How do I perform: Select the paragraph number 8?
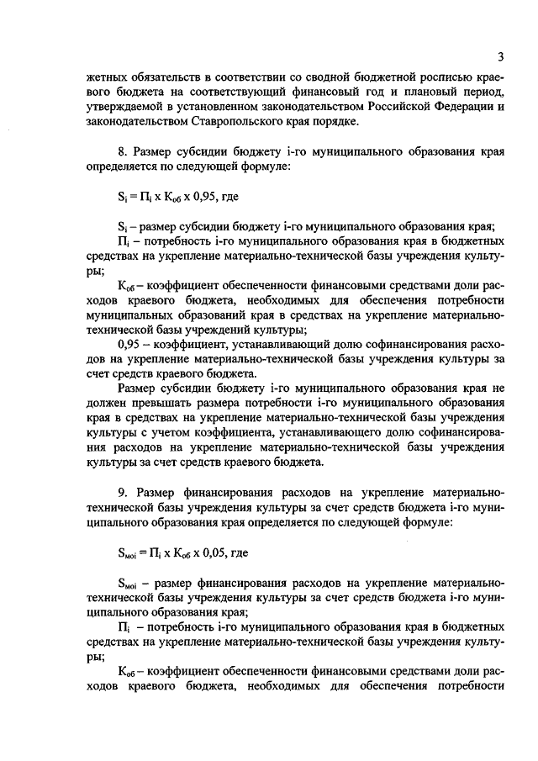[122, 152]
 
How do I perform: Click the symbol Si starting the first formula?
[121, 200]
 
